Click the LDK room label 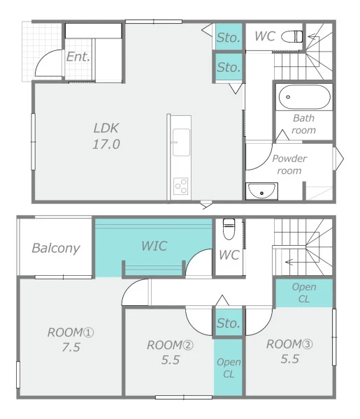[106, 128]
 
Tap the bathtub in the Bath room [304, 97]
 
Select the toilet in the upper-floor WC [229, 229]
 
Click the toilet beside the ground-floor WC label [291, 36]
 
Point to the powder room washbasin [261, 191]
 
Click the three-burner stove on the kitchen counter [181, 186]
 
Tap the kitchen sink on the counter [181, 142]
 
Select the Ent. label [78, 57]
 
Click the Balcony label [56, 248]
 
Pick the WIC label [154, 246]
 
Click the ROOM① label [71, 332]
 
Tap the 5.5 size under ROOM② [171, 360]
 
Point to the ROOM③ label [289, 344]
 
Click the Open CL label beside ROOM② [229, 368]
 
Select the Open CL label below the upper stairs [304, 293]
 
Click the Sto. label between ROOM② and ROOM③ [228, 323]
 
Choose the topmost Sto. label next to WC [228, 38]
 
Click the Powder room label [289, 165]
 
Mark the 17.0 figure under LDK [106, 145]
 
